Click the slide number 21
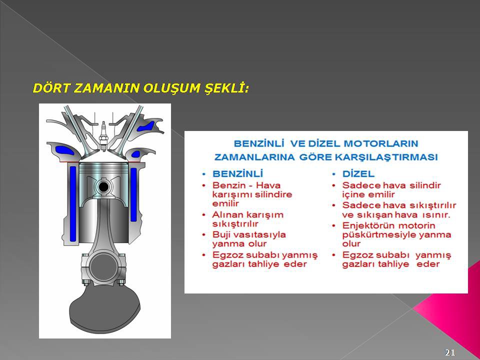(450, 352)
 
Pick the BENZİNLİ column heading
(238, 174)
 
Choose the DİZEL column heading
(358, 174)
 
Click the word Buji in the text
(219, 235)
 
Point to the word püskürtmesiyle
(378, 235)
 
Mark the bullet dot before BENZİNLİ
(204, 174)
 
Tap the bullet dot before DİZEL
(334, 174)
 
